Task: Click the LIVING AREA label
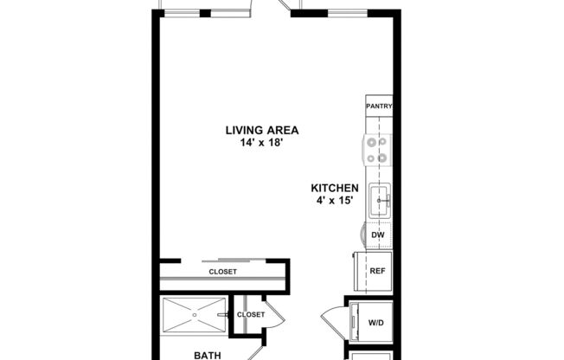[x=261, y=131]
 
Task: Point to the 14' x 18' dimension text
[x=261, y=143]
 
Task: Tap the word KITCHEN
[x=335, y=188]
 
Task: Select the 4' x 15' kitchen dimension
[x=335, y=201]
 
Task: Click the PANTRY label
[x=379, y=106]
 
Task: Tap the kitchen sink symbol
[x=379, y=201]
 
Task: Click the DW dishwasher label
[x=377, y=235]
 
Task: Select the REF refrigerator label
[x=377, y=271]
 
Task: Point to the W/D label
[x=377, y=323]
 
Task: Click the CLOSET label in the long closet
[x=222, y=272]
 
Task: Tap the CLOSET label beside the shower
[x=251, y=314]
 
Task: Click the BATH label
[x=207, y=355]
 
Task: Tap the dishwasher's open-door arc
[x=362, y=235]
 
